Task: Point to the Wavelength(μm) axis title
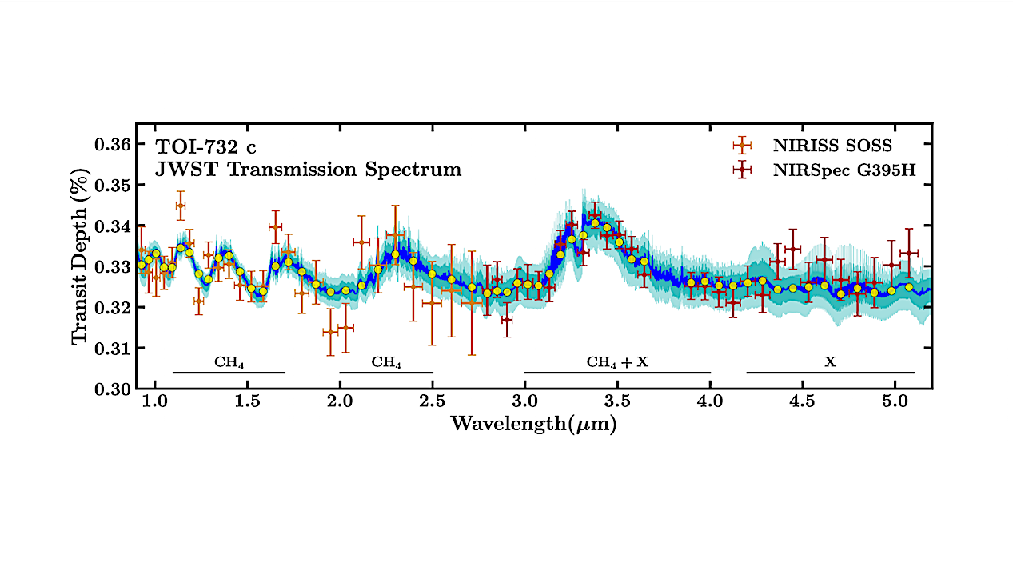click(x=533, y=424)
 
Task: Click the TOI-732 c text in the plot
click(x=207, y=146)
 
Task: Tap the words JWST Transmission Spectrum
click(x=309, y=170)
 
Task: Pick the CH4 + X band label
click(x=617, y=362)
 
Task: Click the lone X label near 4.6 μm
click(x=830, y=362)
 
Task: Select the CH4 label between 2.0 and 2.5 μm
click(x=386, y=362)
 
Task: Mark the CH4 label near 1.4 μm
click(x=229, y=362)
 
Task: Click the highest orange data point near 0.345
click(x=180, y=206)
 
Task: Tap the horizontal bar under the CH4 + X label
click(x=617, y=373)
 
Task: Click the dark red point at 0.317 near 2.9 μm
click(x=506, y=320)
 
